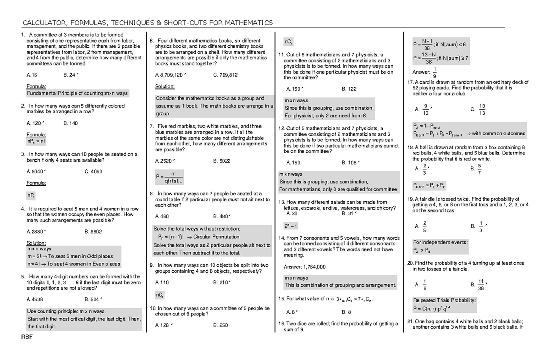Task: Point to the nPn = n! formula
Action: [x=36, y=142]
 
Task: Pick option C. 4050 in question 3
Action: [x=93, y=172]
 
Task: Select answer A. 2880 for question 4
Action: [x=37, y=232]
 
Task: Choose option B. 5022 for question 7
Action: [x=222, y=161]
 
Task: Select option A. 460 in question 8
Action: [x=162, y=216]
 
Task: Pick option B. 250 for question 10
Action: [x=220, y=325]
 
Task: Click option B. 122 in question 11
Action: [x=349, y=89]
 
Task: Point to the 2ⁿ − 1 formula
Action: [x=291, y=226]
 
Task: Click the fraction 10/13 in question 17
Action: [x=482, y=109]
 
